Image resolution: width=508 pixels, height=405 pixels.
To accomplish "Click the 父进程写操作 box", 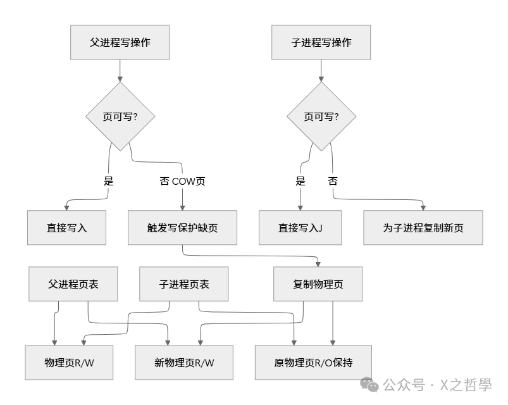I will coord(120,43).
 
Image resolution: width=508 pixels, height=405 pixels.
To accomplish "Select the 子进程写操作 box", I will coord(321,43).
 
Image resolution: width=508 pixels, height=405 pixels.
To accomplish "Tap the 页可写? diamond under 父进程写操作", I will coord(120,116).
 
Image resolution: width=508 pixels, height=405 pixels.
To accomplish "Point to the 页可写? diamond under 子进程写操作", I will coord(321,116).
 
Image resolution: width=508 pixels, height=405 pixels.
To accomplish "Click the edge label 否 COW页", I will coord(182,181).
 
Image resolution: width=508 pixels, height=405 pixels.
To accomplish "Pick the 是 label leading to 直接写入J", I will coord(300,181).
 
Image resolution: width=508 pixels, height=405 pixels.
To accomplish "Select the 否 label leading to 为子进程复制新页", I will coord(333,181).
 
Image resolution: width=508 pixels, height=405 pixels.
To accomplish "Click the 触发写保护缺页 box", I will coord(182,228).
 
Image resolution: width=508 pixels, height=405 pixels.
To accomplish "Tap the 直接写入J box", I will coord(300,228).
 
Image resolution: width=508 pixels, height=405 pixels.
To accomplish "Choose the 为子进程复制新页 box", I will coord(423,228).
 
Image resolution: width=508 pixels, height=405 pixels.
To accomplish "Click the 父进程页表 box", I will coord(73,284).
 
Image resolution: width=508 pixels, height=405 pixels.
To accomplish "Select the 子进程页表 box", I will coord(184,284).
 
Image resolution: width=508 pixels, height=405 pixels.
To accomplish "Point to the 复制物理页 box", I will coord(318,284).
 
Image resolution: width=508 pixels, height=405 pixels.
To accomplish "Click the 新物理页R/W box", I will coord(184,363).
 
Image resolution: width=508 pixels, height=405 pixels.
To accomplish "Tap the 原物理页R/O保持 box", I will coord(313,363).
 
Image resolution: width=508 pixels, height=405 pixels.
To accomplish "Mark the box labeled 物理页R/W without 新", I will coord(69,363).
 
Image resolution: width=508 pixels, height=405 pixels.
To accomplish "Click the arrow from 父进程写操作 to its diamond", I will coord(120,71).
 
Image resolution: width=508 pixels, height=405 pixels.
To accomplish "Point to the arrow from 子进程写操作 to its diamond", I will coord(321,71).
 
